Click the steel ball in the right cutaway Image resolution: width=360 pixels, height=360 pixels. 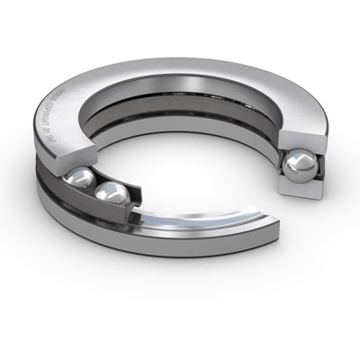(301, 166)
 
